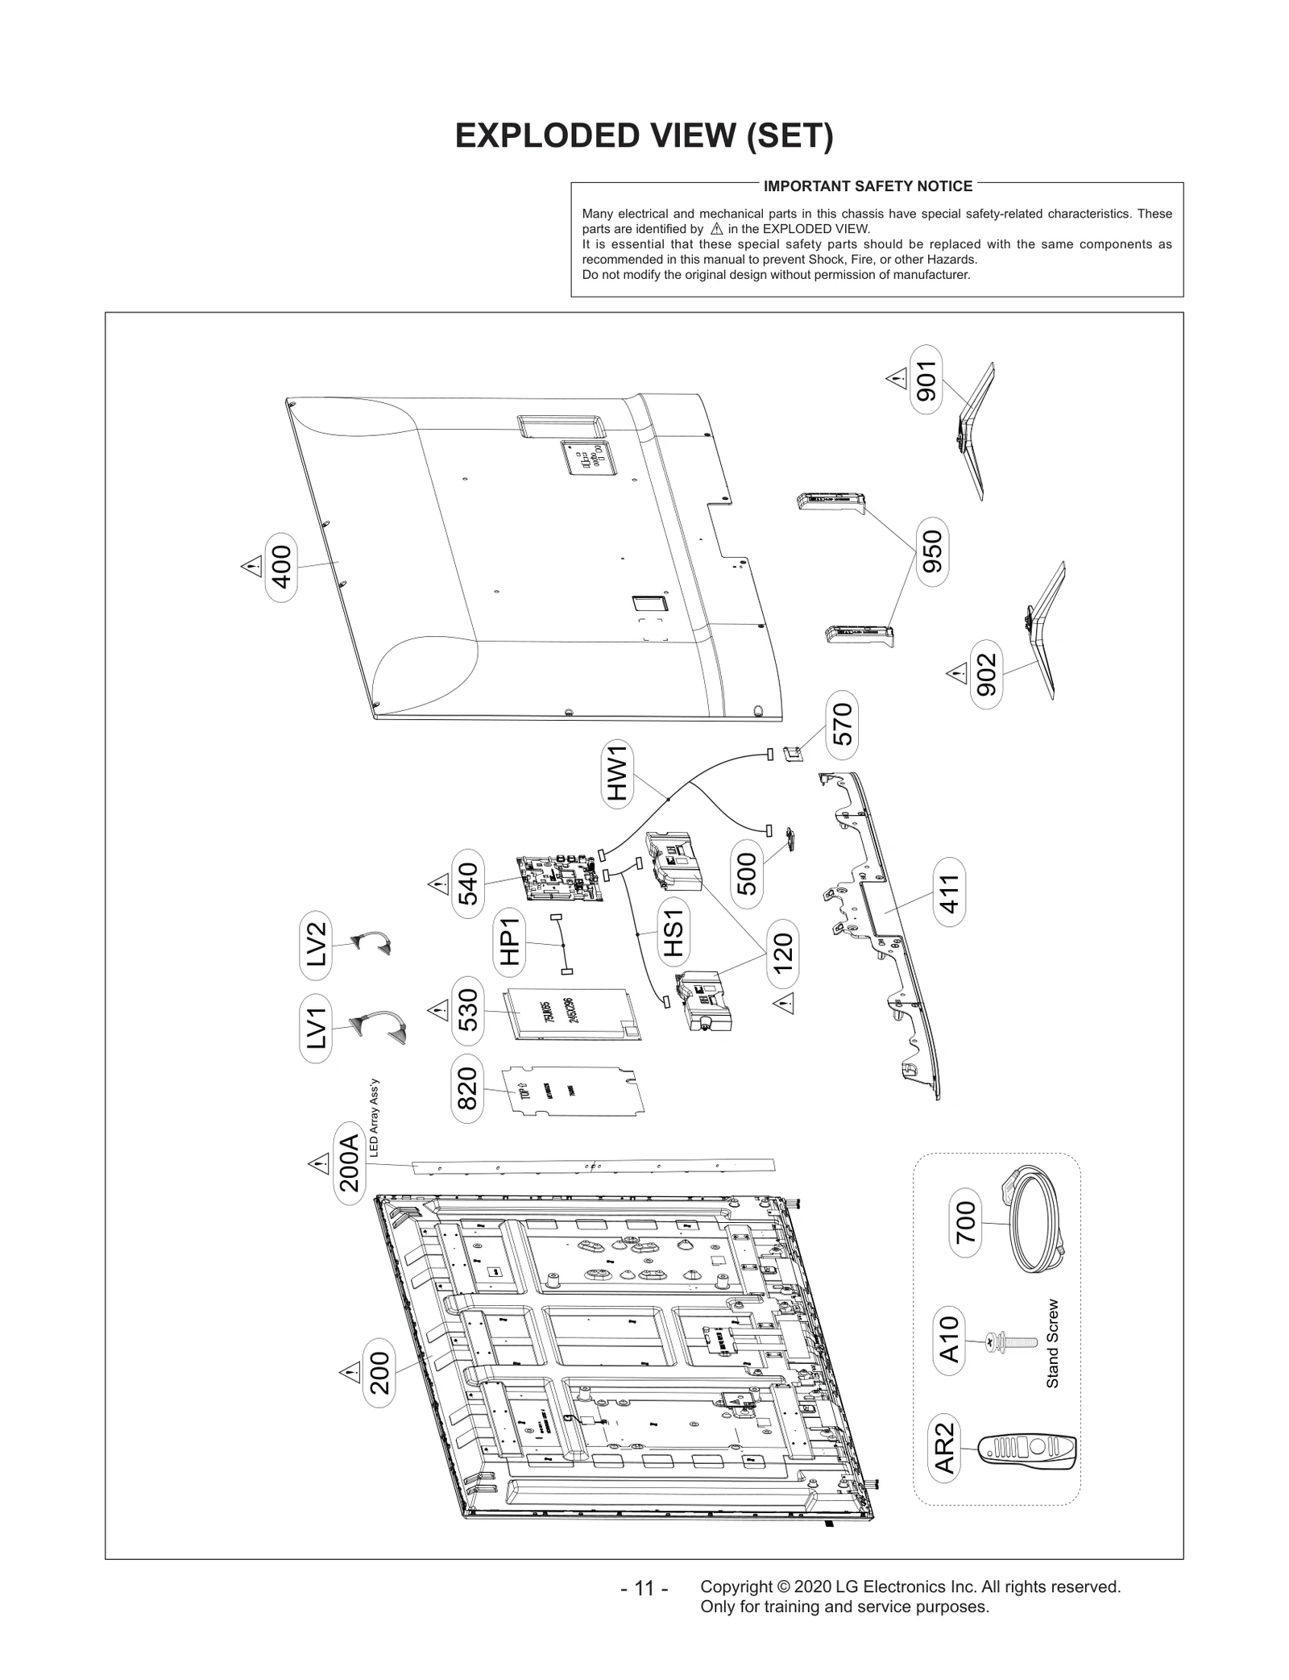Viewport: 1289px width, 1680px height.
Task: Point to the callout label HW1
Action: (x=617, y=774)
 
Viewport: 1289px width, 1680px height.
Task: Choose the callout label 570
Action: (x=841, y=724)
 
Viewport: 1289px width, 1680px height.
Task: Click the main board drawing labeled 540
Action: (x=561, y=878)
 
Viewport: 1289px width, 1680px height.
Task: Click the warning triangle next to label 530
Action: (x=437, y=1008)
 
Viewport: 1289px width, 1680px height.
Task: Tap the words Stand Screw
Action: (x=1052, y=1344)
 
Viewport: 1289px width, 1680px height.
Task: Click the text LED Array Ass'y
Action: (x=373, y=1118)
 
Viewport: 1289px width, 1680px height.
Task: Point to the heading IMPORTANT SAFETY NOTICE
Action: (x=868, y=186)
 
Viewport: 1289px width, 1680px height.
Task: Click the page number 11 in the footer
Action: (x=644, y=1588)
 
